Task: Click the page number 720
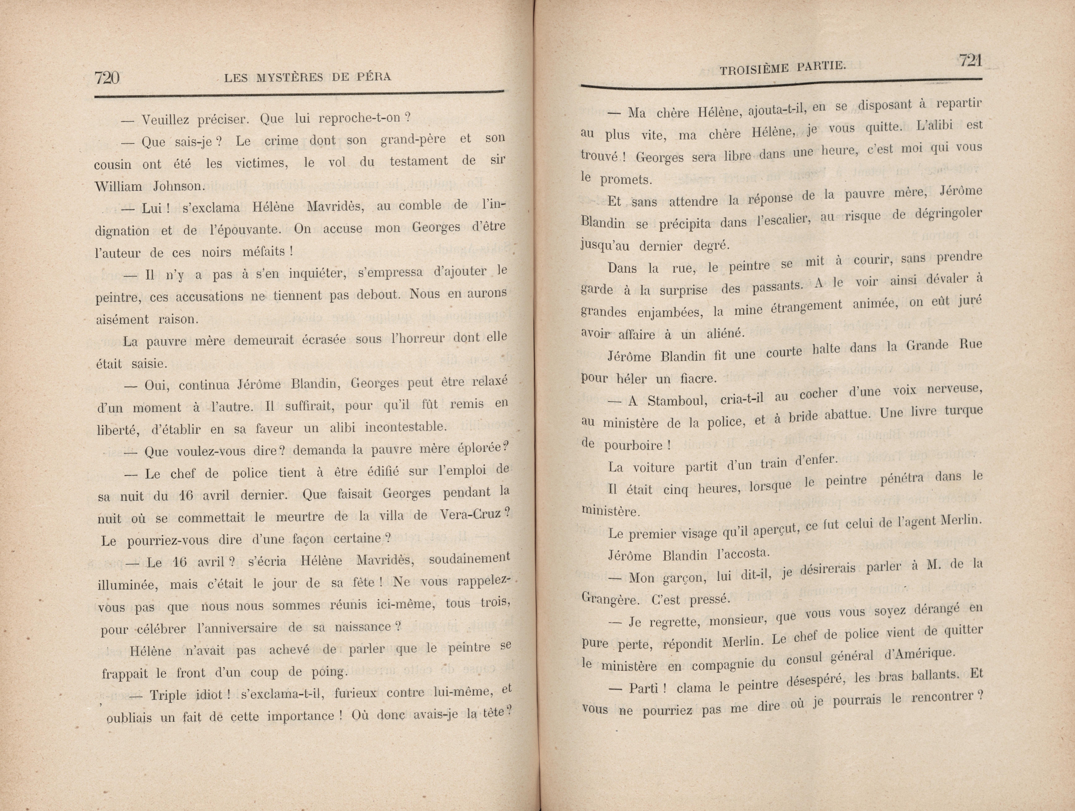coord(107,78)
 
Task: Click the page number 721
coord(970,61)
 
